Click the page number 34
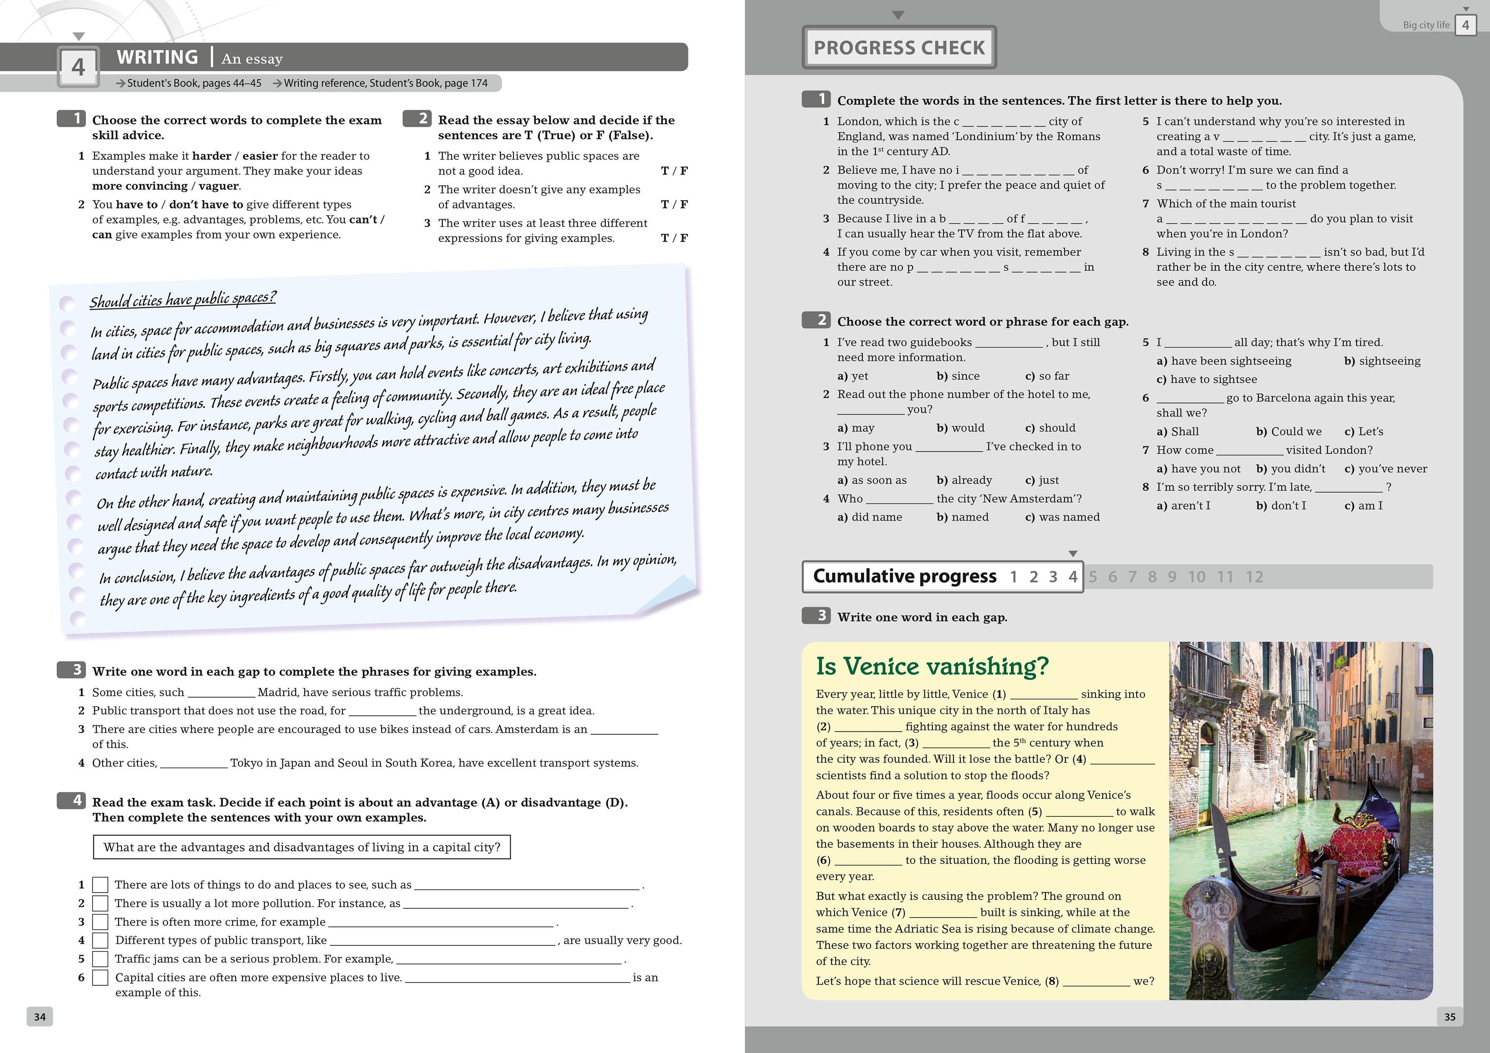[x=40, y=1017]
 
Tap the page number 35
[x=1450, y=1017]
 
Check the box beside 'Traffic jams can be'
[x=100, y=959]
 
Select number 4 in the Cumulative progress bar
[x=1073, y=577]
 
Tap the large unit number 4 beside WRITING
[x=78, y=67]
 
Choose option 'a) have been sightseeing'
[x=1223, y=361]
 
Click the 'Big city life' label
[x=1426, y=25]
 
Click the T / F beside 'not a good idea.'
[x=674, y=171]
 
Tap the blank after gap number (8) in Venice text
[x=1096, y=981]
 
